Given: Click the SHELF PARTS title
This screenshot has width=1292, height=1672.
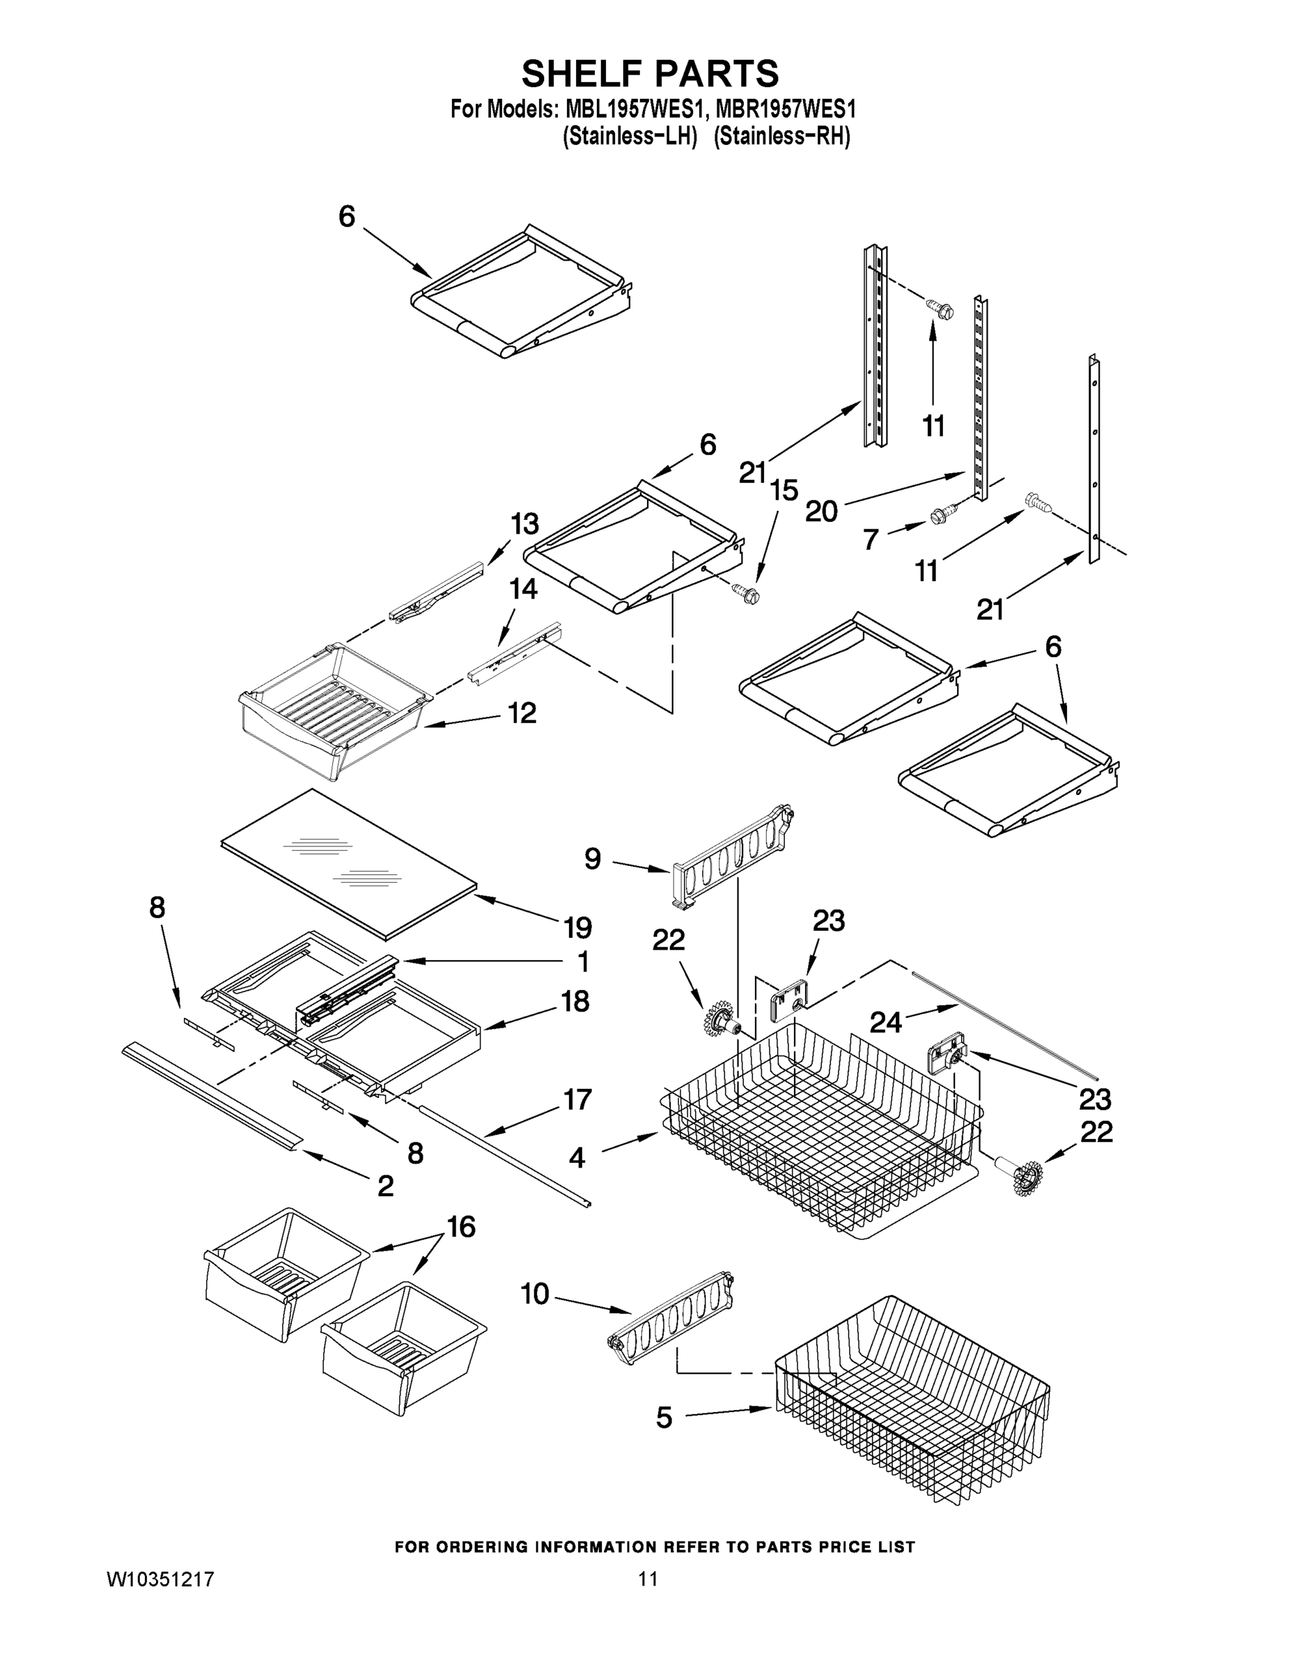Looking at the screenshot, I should click(650, 75).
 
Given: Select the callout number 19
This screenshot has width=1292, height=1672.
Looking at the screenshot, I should click(578, 928).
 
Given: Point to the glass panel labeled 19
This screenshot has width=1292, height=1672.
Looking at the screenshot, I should click(348, 862).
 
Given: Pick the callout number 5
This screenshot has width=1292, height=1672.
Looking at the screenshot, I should click(664, 1418).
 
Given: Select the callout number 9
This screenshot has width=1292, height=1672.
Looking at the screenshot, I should click(593, 858).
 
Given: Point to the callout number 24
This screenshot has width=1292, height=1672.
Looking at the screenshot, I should click(885, 1022).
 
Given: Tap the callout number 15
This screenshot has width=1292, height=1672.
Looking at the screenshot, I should click(784, 490).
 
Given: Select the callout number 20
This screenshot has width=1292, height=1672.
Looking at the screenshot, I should click(821, 511).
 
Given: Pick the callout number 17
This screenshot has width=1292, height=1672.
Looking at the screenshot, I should click(577, 1099).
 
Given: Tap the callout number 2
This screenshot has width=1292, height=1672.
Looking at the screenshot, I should click(385, 1185).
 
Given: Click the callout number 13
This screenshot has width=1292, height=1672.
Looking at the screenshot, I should click(524, 524).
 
